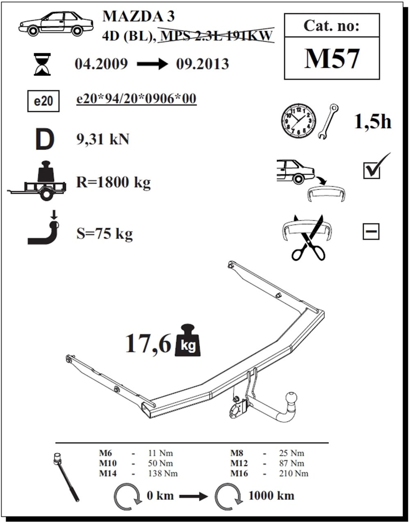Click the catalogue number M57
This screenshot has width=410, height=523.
[x=332, y=59]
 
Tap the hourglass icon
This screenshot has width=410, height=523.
[x=42, y=64]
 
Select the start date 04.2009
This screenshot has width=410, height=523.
[x=101, y=64]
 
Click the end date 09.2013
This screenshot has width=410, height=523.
[x=203, y=64]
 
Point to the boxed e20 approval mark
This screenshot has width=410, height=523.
[x=43, y=101]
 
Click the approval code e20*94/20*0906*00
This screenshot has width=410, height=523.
[x=137, y=99]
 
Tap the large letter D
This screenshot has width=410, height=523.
[x=45, y=139]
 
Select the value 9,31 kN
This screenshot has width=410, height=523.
[x=103, y=139]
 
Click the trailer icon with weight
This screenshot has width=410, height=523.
[x=37, y=180]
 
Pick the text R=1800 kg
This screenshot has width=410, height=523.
[x=114, y=182]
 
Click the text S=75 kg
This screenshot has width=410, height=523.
[x=105, y=234]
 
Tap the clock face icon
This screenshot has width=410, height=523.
[x=298, y=121]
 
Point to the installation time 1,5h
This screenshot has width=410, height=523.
[x=373, y=122]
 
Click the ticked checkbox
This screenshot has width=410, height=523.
[x=372, y=170]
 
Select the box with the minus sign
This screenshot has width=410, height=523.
[x=371, y=231]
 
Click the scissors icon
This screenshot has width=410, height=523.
[x=308, y=238]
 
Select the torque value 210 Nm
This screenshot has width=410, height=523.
[x=294, y=474]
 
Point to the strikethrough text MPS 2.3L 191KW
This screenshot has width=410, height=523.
[x=216, y=36]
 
